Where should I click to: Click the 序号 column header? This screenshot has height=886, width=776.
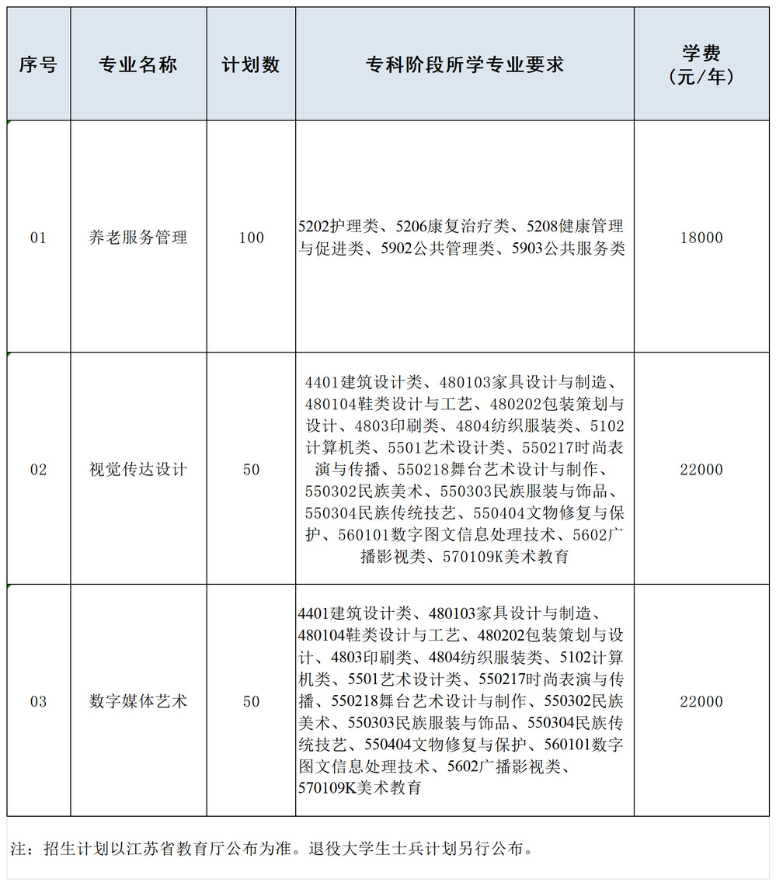coord(38,65)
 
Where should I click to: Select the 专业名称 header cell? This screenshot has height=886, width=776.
coord(138,65)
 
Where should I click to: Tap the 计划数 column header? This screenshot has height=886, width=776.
coord(251,65)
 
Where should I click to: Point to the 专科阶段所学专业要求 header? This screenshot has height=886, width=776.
coord(465,65)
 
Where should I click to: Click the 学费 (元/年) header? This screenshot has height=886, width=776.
coord(701,65)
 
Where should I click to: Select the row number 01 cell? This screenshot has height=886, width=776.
coord(38,238)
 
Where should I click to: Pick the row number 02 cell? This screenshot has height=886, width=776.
coord(38,470)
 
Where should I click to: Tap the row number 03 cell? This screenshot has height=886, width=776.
coord(38,702)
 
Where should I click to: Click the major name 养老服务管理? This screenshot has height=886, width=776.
coord(138,238)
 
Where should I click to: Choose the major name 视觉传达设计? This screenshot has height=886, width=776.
coord(138,470)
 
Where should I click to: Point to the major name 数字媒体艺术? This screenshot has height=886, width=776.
coord(138,702)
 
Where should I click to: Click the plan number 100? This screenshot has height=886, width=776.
coord(251,238)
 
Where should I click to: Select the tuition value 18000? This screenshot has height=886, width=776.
coord(701,238)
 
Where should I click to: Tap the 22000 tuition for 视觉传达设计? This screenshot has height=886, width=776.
coord(701,470)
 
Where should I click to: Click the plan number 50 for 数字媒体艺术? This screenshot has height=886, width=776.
coord(251,702)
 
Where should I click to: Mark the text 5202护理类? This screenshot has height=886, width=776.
coord(338,227)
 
